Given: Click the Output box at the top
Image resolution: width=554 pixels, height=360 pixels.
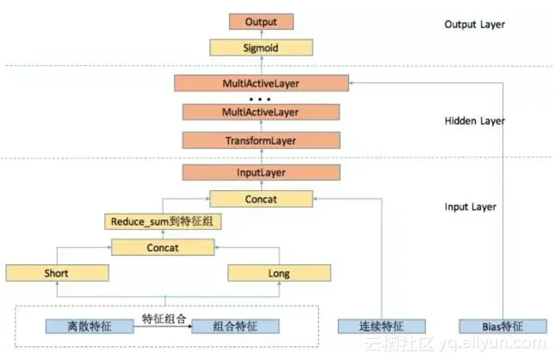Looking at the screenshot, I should tap(261, 22).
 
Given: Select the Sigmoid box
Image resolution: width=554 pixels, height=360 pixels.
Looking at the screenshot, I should tap(261, 48).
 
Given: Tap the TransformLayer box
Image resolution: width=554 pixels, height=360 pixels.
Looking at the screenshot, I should tap(261, 140).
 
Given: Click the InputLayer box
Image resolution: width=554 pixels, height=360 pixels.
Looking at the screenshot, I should tap(261, 173).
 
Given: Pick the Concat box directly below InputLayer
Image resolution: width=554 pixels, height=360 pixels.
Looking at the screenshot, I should tap(261, 198).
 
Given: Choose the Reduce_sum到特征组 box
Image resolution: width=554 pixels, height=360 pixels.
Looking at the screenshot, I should tap(162, 221).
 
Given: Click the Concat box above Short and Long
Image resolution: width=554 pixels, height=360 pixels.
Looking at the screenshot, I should tap(162, 247).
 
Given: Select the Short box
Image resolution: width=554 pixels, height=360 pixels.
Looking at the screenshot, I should tap(56, 274).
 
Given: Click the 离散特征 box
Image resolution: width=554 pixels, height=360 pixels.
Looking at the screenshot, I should tap(87, 326).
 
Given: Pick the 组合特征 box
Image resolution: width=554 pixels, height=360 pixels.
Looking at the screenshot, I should tap(235, 326).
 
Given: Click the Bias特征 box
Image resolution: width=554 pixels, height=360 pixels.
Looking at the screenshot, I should tap(503, 326).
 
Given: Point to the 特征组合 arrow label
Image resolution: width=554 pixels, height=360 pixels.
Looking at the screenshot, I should tap(165, 318).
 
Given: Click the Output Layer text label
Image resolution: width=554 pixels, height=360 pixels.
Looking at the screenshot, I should tap(474, 24).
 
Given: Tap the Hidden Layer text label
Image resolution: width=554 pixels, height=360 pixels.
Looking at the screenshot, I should tap(474, 121).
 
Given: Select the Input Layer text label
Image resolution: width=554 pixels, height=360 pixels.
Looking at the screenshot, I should tap(470, 207).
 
